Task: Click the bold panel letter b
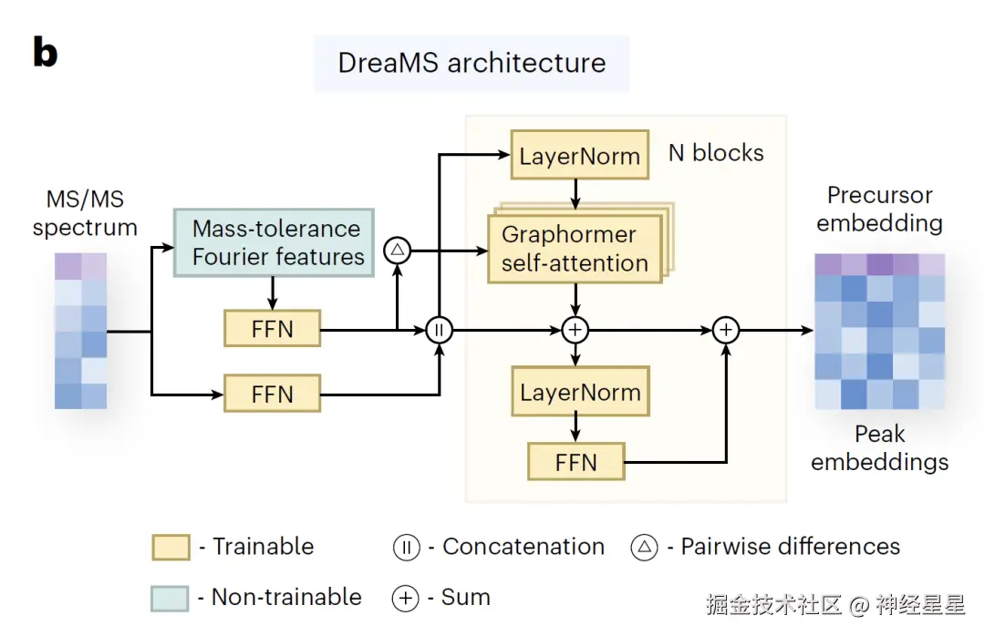[45, 53]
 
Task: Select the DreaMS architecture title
[472, 63]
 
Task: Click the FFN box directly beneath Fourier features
[272, 329]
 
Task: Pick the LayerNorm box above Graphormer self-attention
[579, 156]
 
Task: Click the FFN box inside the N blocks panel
[575, 462]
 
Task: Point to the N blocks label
[716, 152]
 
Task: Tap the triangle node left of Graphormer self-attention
[398, 249]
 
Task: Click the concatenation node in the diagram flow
[440, 329]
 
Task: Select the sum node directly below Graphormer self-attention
[575, 329]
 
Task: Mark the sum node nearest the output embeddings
[726, 329]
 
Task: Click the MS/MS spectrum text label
[85, 212]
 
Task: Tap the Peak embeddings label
[879, 447]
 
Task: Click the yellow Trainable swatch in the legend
[171, 547]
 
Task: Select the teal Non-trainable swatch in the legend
[171, 598]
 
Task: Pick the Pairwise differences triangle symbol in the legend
[644, 547]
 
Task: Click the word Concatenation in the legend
[523, 547]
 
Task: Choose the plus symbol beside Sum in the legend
[406, 598]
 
